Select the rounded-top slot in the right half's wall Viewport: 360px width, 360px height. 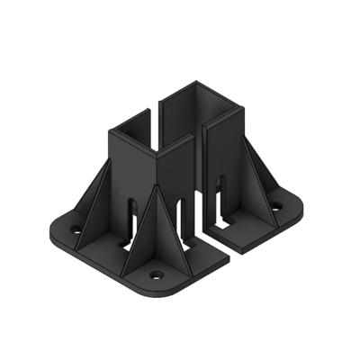(x=220, y=193)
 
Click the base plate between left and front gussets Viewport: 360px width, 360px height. (x=112, y=247)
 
